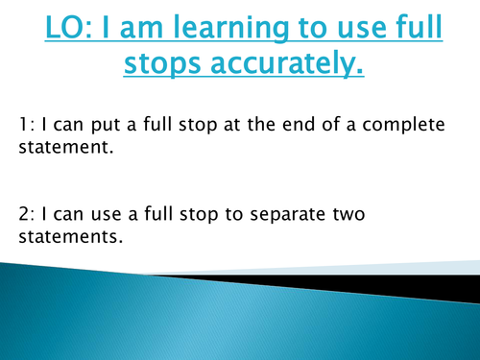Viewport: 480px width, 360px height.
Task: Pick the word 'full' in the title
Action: pyautogui.click(x=412, y=31)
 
